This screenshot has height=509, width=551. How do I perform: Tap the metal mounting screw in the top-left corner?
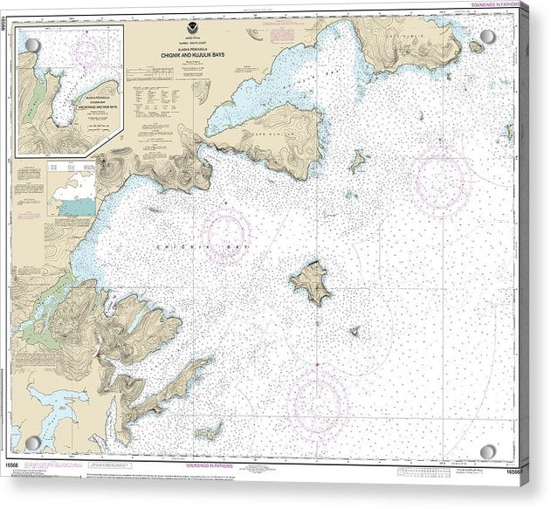[x=32, y=45]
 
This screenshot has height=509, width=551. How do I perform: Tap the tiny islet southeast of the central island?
[x=355, y=331]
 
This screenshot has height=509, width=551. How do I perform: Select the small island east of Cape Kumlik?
[x=358, y=161]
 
